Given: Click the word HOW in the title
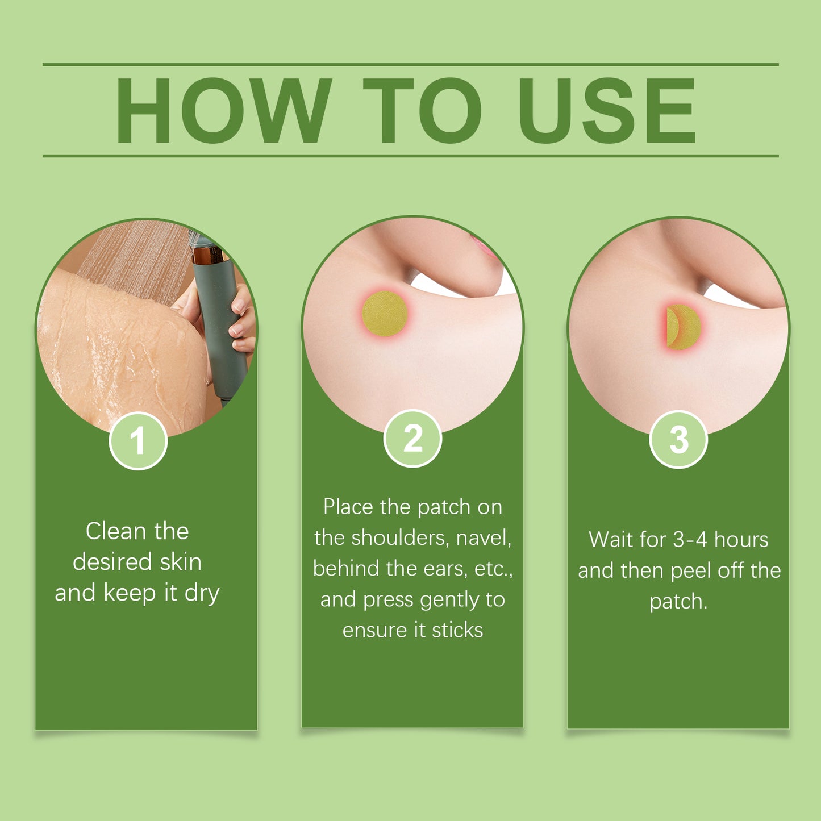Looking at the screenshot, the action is [224, 111].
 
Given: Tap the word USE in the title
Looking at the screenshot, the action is [608, 111].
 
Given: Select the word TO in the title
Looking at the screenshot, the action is [422, 111].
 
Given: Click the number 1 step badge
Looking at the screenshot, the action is [138, 441].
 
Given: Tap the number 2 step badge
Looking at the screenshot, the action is [412, 439].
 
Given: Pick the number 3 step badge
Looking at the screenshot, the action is [678, 439].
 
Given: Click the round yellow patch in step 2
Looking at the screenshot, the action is [385, 314].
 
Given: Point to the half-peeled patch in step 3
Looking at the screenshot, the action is [684, 327].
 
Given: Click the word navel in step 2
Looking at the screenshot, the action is [484, 538].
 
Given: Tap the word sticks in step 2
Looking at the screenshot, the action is [457, 630].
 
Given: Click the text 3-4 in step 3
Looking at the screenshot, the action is [690, 540].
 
